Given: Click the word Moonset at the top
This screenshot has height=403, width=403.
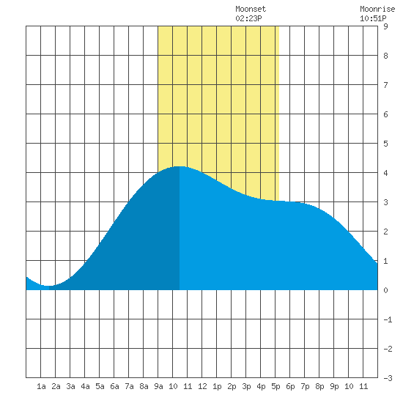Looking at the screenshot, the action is (x=251, y=9).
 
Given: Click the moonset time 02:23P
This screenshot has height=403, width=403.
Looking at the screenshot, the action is (x=248, y=18).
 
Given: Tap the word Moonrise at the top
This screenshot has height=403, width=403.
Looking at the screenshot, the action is (x=377, y=9).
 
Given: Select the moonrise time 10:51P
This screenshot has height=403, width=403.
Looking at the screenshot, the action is (x=373, y=18).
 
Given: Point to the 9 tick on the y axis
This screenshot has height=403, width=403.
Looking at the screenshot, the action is (x=385, y=26).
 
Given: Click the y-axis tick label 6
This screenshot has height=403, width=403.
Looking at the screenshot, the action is (x=385, y=114).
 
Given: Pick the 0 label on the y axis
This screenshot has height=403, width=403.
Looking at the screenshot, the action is (x=385, y=290).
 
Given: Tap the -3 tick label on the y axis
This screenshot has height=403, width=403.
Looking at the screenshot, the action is (x=388, y=378).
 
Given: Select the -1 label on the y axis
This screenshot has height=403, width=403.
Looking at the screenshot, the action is (x=388, y=319).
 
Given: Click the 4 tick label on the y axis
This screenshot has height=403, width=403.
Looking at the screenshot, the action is (x=385, y=173).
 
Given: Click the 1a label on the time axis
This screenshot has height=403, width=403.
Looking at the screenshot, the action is (x=41, y=386).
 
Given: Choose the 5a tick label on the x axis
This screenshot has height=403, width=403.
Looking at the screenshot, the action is (x=100, y=386).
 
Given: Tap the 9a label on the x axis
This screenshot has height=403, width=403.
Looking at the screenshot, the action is (x=158, y=386).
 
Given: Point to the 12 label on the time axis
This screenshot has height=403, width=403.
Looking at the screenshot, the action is (x=202, y=386).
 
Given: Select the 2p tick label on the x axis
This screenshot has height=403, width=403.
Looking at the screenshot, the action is (x=232, y=386).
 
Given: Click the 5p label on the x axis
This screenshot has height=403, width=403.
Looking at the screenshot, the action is (x=276, y=386).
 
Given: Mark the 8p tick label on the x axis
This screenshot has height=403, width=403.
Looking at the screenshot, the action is (x=319, y=386).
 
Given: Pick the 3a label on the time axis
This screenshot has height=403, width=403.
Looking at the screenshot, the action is (x=70, y=386).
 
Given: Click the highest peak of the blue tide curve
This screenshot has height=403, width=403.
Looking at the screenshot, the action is (x=180, y=166).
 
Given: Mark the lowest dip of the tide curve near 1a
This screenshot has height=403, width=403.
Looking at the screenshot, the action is (x=48, y=286).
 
